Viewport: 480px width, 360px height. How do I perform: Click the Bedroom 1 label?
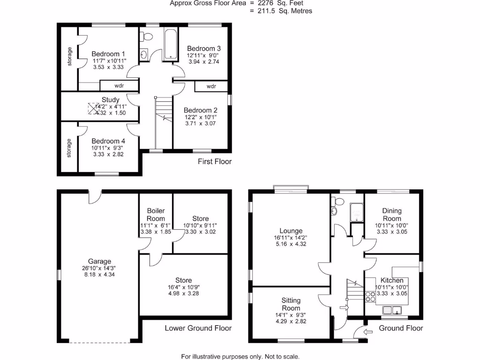[108, 53]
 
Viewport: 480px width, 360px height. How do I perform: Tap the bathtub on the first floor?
[170, 44]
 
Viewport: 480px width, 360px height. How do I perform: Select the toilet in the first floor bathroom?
[147, 37]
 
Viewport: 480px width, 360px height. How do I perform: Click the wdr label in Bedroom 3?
[211, 86]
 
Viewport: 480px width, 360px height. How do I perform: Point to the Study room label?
[111, 100]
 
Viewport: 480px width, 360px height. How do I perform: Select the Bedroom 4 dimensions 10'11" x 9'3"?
[108, 148]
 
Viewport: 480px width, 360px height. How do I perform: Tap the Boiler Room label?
[156, 215]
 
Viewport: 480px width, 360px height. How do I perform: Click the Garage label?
[99, 261]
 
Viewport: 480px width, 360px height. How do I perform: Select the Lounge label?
[291, 231]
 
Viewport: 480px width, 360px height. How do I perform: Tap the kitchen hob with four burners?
[370, 296]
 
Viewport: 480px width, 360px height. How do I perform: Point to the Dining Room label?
[392, 215]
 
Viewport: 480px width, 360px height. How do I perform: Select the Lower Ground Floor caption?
[198, 328]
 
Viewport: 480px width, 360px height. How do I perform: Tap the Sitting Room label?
[291, 304]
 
